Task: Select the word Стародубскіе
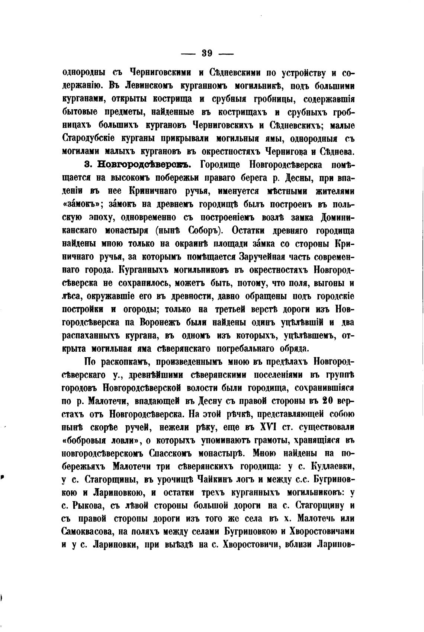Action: [x=88, y=139]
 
